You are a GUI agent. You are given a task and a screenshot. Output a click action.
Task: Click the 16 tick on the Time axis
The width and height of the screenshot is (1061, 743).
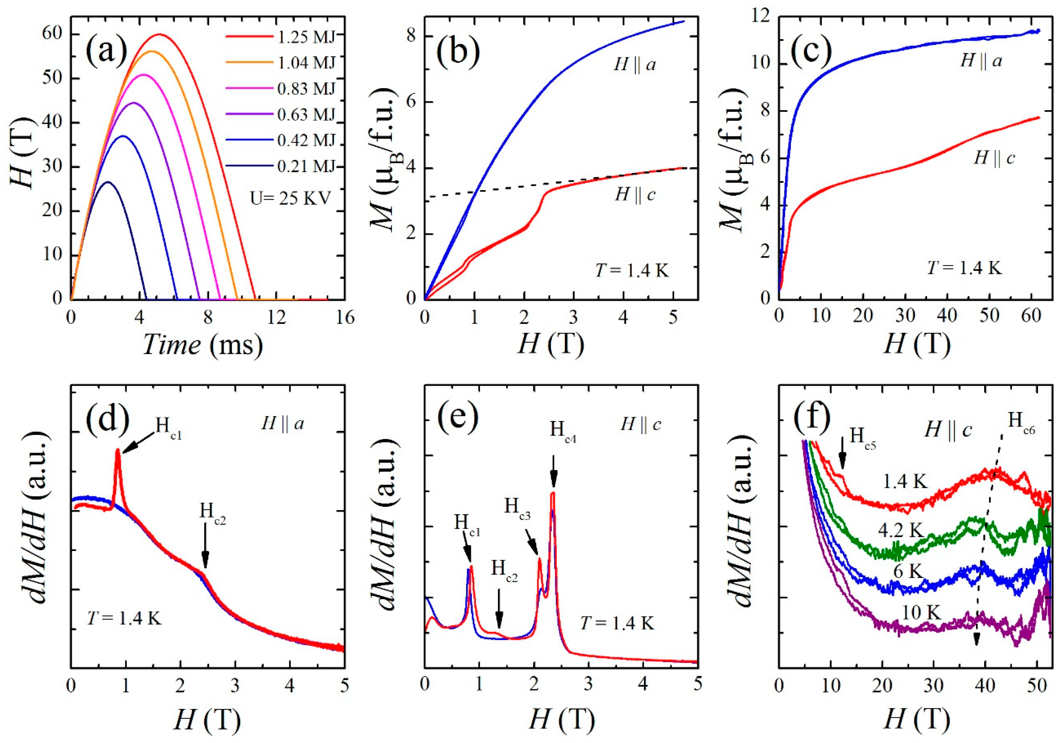pos(344,318)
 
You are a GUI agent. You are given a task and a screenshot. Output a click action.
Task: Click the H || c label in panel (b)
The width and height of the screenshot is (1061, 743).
pos(635,195)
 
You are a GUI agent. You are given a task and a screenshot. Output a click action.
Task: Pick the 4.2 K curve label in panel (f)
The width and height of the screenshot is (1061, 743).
pos(901,530)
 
